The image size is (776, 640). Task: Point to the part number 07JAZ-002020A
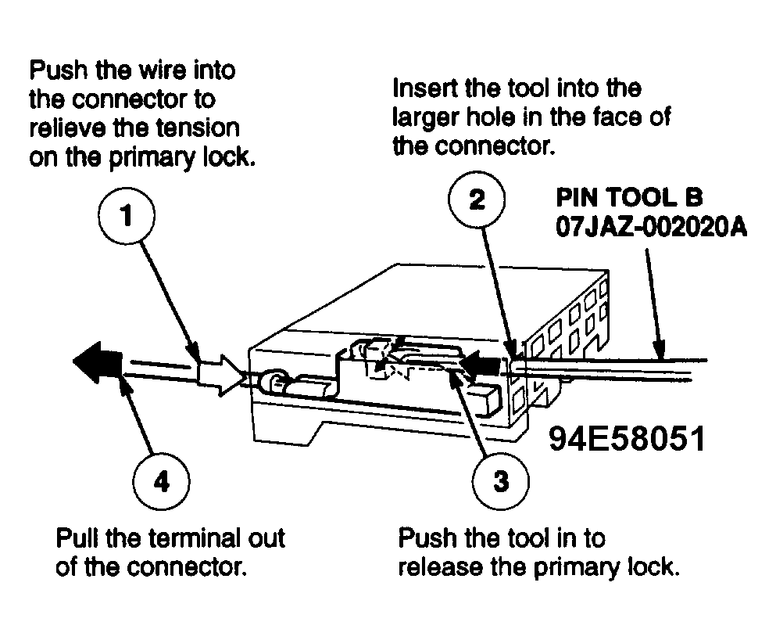(652, 228)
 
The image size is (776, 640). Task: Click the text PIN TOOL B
(630, 194)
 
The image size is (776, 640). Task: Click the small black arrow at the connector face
(482, 364)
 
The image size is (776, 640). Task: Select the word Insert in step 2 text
(425, 86)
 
